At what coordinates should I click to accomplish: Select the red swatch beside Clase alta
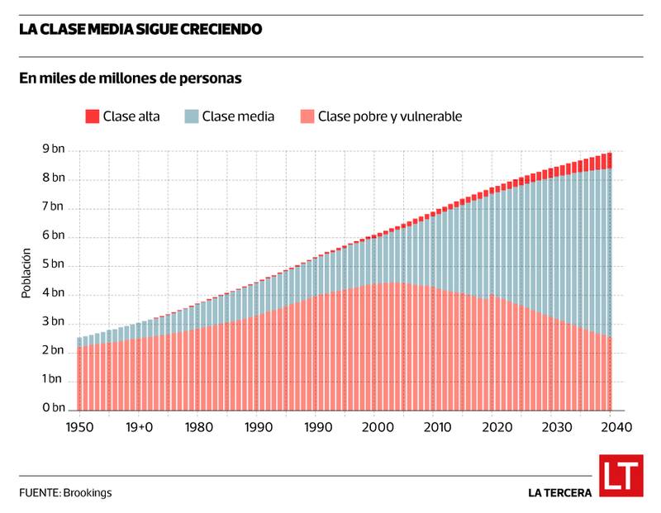click(x=92, y=116)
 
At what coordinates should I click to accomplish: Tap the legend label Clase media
click(x=238, y=116)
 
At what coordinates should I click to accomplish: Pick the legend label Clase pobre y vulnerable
click(x=389, y=116)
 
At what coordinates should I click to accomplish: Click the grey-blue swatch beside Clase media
click(x=191, y=116)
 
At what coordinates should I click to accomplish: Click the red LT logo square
click(x=620, y=477)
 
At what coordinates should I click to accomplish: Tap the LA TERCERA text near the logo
click(x=559, y=492)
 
